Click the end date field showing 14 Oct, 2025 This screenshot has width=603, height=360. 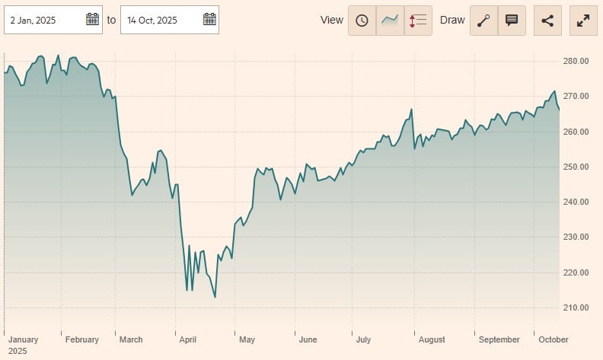pos(160,20)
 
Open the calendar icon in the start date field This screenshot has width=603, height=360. pos(92,20)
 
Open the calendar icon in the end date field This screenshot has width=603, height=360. pos(209,20)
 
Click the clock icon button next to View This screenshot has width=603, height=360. pos(362,21)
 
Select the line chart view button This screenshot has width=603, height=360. pos(390,21)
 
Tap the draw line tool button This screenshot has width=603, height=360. pos(483,21)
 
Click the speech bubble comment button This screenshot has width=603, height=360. pos(512,21)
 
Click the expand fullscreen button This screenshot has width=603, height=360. pos(584,21)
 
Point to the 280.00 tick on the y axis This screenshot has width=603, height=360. pos(576,61)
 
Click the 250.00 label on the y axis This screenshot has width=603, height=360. pos(576,167)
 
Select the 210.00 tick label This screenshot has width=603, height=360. pos(576,307)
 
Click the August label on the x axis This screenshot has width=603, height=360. pos(431,339)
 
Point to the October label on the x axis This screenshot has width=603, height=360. pos(553,339)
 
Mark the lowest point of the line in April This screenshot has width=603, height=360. pos(215,297)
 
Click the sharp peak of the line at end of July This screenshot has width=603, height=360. pos(411,110)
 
